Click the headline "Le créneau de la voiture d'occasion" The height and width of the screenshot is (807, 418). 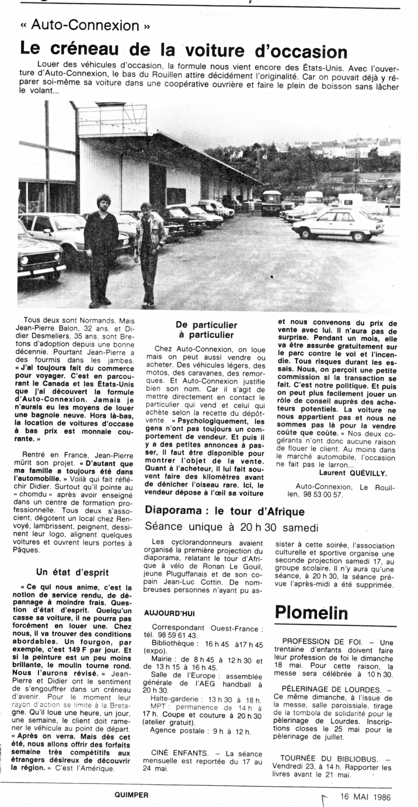[x=183, y=50]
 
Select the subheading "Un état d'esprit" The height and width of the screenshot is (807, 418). [x=72, y=572]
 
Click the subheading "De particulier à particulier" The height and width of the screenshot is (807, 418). [x=206, y=330]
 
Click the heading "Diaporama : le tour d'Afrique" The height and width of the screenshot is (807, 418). [x=225, y=511]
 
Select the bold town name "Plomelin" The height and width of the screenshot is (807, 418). [x=311, y=612]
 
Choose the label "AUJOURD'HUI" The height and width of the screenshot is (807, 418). [x=169, y=612]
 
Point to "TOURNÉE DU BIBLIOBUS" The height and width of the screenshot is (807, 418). [x=324, y=758]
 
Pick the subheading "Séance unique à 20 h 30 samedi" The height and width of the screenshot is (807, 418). [x=232, y=527]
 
